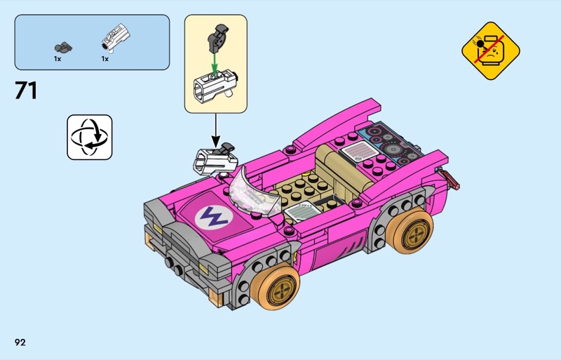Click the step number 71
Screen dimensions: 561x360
(x=26, y=91)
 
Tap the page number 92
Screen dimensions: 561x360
(x=20, y=342)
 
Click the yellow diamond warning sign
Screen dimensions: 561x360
(x=490, y=51)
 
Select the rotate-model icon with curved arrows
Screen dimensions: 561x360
(x=90, y=138)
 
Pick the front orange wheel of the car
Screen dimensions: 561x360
(x=275, y=285)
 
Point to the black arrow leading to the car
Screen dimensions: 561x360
(x=215, y=130)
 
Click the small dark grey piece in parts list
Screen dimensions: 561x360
(x=63, y=47)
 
